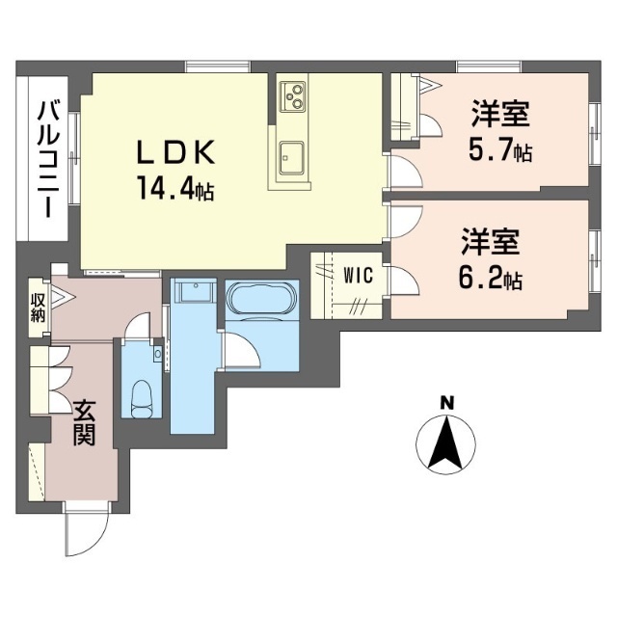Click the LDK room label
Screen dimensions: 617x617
175,152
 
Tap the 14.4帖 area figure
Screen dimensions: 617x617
175,188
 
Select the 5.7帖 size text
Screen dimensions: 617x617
500,150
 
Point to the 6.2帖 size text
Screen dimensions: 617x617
490,278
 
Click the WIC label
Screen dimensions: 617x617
358,275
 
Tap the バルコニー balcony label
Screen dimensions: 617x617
48,158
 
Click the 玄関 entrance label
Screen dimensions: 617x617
85,422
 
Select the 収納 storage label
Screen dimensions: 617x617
38,308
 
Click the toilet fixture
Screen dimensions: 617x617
142,399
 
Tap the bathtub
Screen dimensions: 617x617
261,298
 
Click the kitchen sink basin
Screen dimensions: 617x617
291,157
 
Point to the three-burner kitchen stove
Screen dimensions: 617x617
292,96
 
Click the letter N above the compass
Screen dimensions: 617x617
446,403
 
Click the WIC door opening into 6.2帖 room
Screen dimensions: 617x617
403,281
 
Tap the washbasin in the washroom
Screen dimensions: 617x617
195,291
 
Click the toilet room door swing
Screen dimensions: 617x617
138,326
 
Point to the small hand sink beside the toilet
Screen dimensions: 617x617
158,354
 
